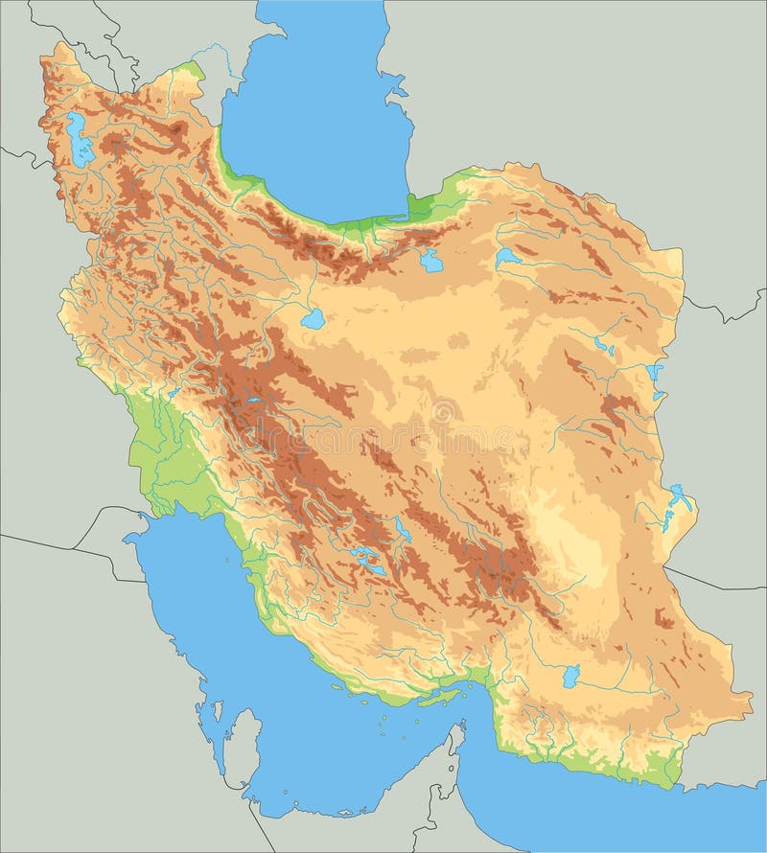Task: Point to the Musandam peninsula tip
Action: [x=459, y=727]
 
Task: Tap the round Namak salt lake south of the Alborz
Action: [x=313, y=319]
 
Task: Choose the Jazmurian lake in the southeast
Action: [x=571, y=676]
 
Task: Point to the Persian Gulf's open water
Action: [x=288, y=671]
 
